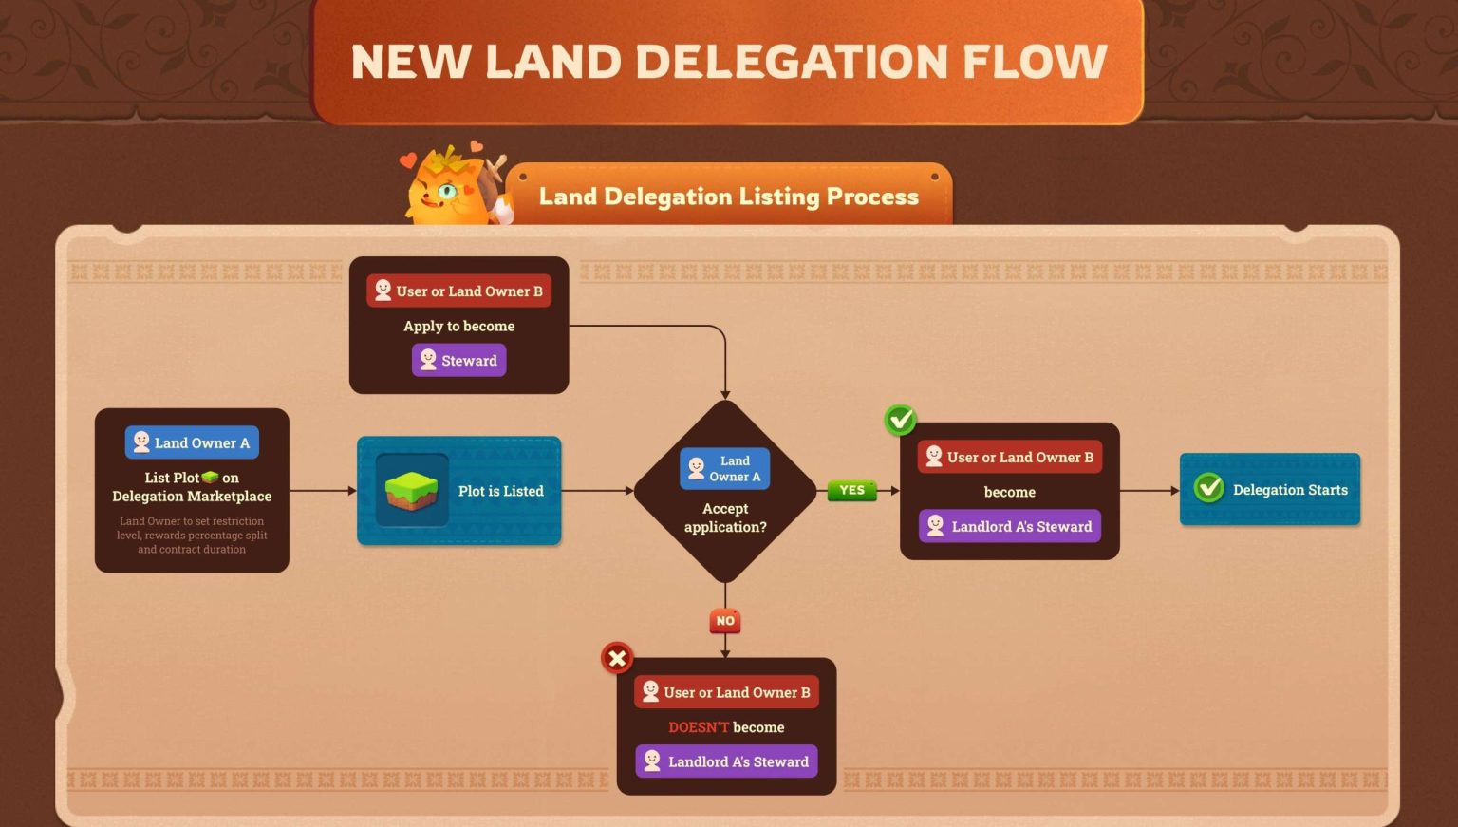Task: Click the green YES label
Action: (851, 490)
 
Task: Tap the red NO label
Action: (725, 621)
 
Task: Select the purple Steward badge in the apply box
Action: (459, 361)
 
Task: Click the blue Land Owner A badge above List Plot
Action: (192, 442)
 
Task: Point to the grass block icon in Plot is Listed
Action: (412, 490)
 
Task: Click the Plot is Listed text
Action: (500, 491)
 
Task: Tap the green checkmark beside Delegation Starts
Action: (1209, 488)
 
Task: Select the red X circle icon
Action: (617, 657)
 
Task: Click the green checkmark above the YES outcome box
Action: (900, 419)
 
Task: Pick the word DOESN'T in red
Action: (699, 727)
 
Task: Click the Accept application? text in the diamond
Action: (725, 517)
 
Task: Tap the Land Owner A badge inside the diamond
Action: (725, 469)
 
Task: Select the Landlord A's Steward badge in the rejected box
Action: (726, 761)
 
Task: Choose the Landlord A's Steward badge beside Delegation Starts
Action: (1010, 526)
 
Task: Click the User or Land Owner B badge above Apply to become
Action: (459, 291)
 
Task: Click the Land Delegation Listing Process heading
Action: (728, 197)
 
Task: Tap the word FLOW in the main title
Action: (1035, 62)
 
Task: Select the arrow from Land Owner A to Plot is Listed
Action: (323, 491)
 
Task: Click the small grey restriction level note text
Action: (192, 536)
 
